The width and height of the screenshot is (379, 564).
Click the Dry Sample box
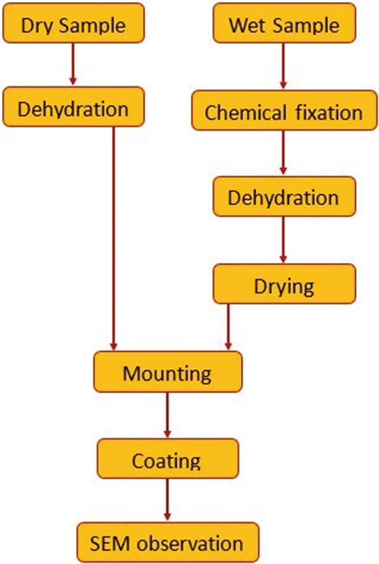click(73, 25)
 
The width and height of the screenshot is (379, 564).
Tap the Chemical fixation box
click(283, 112)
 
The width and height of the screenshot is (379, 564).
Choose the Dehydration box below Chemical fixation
click(283, 199)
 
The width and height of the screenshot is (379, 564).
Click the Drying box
click(283, 287)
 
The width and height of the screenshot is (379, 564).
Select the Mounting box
click(167, 372)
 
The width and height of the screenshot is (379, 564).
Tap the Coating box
click(167, 460)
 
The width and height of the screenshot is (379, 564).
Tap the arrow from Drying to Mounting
click(229, 327)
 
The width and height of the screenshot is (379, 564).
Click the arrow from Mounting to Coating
click(167, 416)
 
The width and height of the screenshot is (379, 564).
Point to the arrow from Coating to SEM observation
click(167, 501)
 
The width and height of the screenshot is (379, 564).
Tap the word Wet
click(248, 26)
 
